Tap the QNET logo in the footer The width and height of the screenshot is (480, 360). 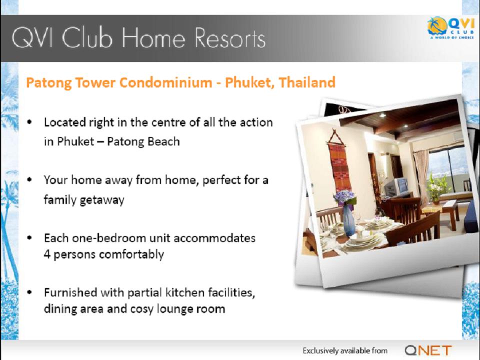click(428, 350)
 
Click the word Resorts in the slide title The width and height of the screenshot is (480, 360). click(229, 38)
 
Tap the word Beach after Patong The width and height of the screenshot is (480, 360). click(163, 141)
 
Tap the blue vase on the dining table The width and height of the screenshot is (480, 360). click(348, 220)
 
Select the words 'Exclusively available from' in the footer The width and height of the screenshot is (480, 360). click(345, 351)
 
